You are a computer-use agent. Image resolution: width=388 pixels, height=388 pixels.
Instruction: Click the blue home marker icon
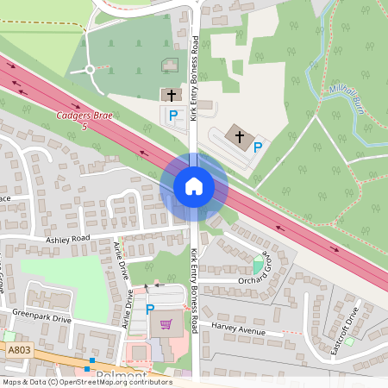coord(193,186)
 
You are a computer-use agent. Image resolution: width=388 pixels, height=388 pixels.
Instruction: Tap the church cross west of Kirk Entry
coord(171,95)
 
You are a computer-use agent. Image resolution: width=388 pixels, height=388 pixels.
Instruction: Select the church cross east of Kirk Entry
coord(239,135)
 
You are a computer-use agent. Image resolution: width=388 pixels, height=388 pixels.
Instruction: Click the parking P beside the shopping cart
coord(150,309)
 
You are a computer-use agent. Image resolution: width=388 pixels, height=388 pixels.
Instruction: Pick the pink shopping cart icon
coord(166,325)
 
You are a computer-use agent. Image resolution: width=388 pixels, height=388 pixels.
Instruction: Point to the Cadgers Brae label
coord(84,116)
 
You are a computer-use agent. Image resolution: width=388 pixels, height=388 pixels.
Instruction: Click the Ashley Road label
coord(69,238)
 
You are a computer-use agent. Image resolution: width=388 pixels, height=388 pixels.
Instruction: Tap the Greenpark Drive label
coord(42,317)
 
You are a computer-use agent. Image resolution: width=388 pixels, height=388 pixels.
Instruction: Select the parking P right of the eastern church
coord(257,147)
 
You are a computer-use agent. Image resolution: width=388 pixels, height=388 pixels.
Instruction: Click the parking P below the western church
coord(172,115)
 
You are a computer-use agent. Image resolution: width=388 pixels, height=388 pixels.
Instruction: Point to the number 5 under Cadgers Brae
coord(84,127)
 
